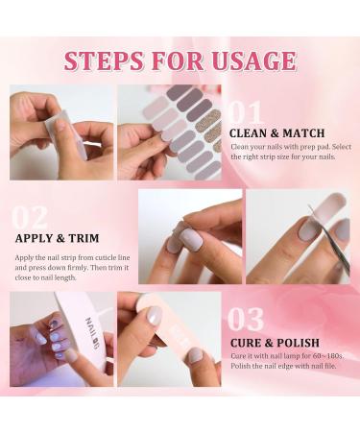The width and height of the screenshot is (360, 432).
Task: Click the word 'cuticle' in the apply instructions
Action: point(95,256)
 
